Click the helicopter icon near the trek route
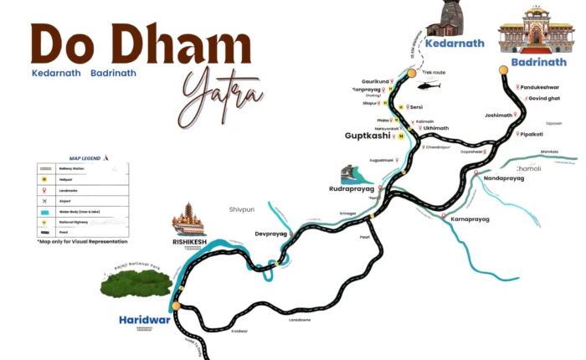coord(429,85)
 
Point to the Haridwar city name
coord(144,319)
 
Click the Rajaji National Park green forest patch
coord(136,283)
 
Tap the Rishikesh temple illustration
coord(188,219)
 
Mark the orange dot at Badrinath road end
coord(503,70)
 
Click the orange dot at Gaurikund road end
coord(411,74)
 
